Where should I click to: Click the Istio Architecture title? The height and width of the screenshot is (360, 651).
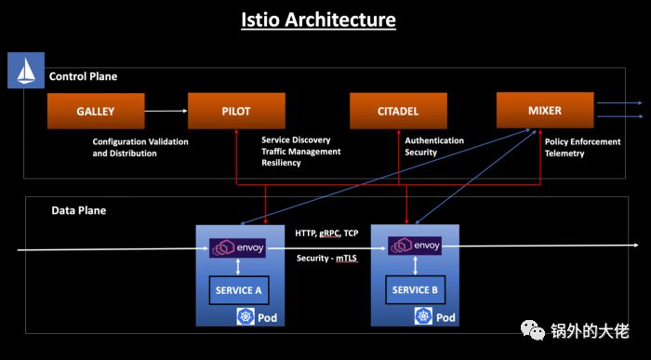click(325, 20)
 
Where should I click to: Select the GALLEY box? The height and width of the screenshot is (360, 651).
click(96, 111)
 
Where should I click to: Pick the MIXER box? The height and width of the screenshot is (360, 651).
click(544, 110)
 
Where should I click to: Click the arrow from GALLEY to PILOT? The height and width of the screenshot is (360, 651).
click(165, 111)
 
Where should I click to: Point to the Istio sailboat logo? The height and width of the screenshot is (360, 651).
click(20, 70)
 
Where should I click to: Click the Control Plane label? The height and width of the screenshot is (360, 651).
click(83, 76)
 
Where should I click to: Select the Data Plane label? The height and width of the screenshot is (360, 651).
click(78, 210)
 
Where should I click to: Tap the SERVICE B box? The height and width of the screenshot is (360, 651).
click(415, 289)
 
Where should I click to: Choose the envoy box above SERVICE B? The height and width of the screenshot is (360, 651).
click(415, 247)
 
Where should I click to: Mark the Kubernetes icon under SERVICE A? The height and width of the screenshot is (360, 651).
click(246, 317)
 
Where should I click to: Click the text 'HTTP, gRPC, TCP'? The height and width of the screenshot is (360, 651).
click(327, 233)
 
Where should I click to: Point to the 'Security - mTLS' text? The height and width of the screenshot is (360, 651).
click(327, 258)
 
